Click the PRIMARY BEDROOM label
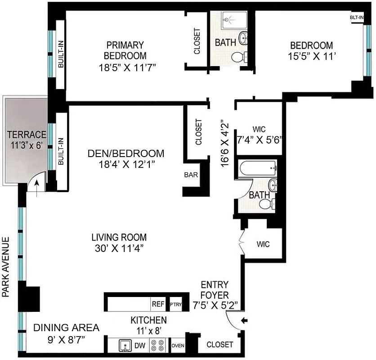click(125, 50)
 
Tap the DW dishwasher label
click(140, 346)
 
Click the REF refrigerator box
click(158, 304)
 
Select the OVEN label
click(178, 346)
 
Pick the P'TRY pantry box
click(175, 305)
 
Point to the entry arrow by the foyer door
click(244, 320)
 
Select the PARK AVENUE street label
click(6, 267)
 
